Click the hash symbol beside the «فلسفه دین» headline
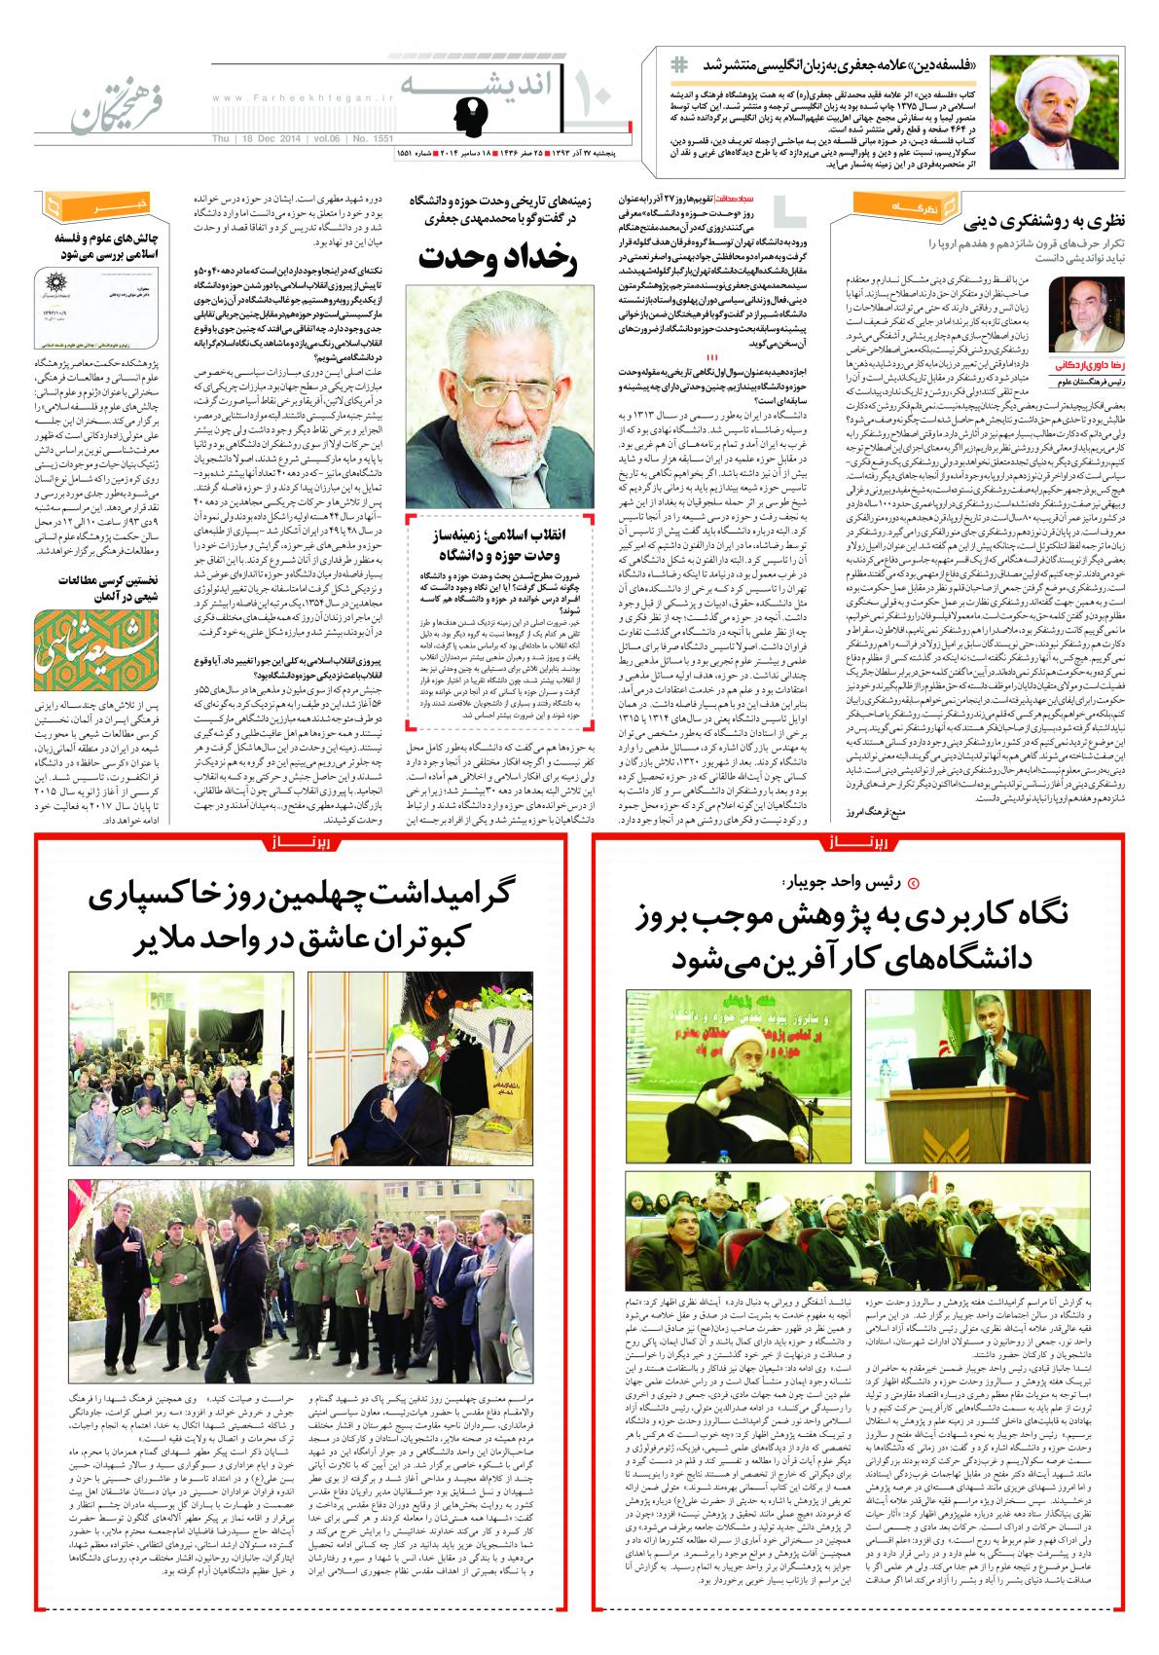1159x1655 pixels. click(x=678, y=64)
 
